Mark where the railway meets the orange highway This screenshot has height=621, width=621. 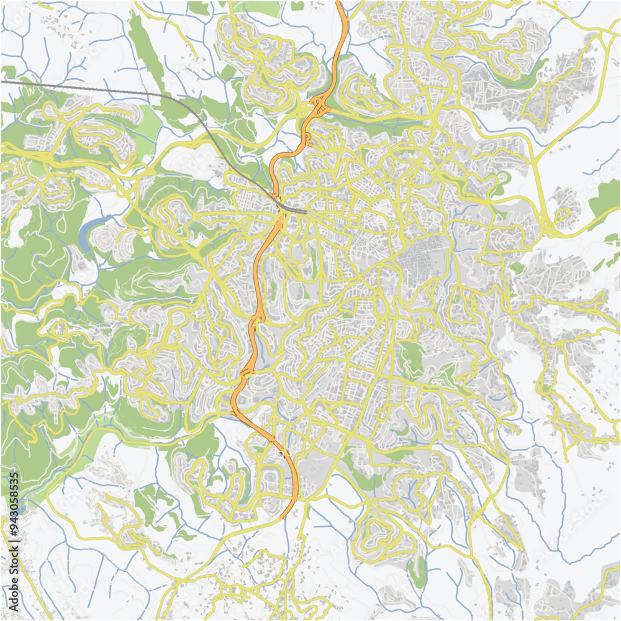(280, 202)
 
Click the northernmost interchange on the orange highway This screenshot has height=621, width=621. (320, 106)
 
